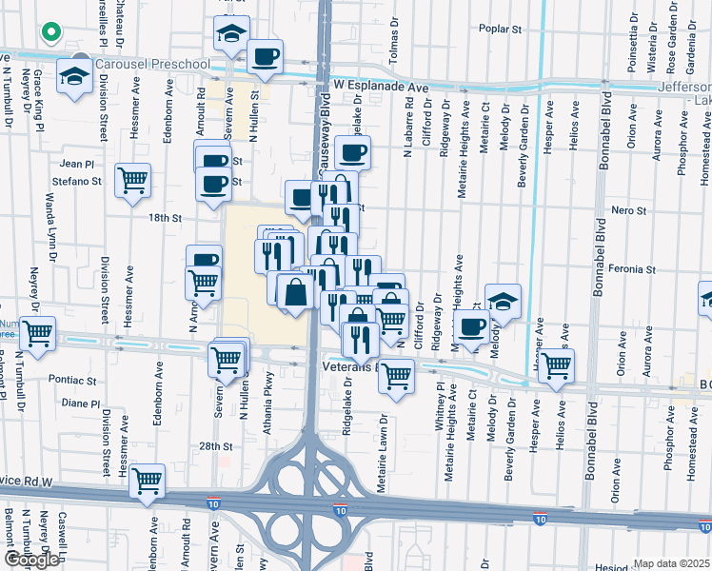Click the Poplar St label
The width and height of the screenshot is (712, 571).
coord(502,30)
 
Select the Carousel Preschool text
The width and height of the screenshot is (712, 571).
coord(153,64)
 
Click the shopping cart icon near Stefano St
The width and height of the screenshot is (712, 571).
coord(132,179)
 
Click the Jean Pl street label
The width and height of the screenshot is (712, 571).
coord(79,164)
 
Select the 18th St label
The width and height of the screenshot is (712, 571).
coord(165,218)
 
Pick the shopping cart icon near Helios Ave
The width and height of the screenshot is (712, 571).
coord(556,364)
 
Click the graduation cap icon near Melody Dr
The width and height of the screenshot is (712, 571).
coord(503,301)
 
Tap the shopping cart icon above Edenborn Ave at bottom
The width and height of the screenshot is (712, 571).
coord(148,481)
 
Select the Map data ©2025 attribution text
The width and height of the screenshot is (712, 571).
coord(671,563)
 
